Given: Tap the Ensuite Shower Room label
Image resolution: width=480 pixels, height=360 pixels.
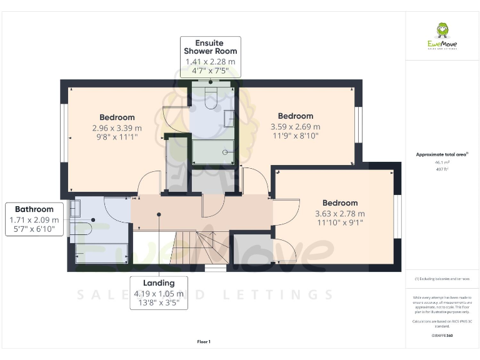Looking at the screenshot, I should click(x=210, y=46).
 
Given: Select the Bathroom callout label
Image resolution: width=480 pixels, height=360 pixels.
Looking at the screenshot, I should click(x=34, y=209).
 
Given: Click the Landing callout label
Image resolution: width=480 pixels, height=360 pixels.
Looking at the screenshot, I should click(x=158, y=282).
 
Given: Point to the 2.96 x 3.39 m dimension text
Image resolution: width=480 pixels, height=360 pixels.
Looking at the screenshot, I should click(x=117, y=127).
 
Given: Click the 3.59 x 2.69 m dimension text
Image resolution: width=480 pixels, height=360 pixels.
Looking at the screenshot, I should click(x=296, y=126).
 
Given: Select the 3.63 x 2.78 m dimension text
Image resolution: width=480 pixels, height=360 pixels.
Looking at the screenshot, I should click(x=340, y=213).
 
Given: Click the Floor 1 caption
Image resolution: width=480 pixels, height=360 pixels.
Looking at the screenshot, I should click(x=204, y=342).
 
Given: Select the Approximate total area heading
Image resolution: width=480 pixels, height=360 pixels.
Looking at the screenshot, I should click(x=441, y=154).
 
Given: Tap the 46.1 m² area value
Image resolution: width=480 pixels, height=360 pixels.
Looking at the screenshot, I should click(x=441, y=161).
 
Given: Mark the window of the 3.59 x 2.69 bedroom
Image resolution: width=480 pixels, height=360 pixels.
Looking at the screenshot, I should click(x=358, y=125).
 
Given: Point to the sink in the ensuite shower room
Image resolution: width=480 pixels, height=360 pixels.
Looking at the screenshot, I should click(x=229, y=118).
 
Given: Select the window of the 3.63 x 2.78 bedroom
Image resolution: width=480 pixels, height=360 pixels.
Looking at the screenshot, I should click(x=397, y=216).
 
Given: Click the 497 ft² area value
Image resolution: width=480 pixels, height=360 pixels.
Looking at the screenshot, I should click(x=441, y=168).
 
